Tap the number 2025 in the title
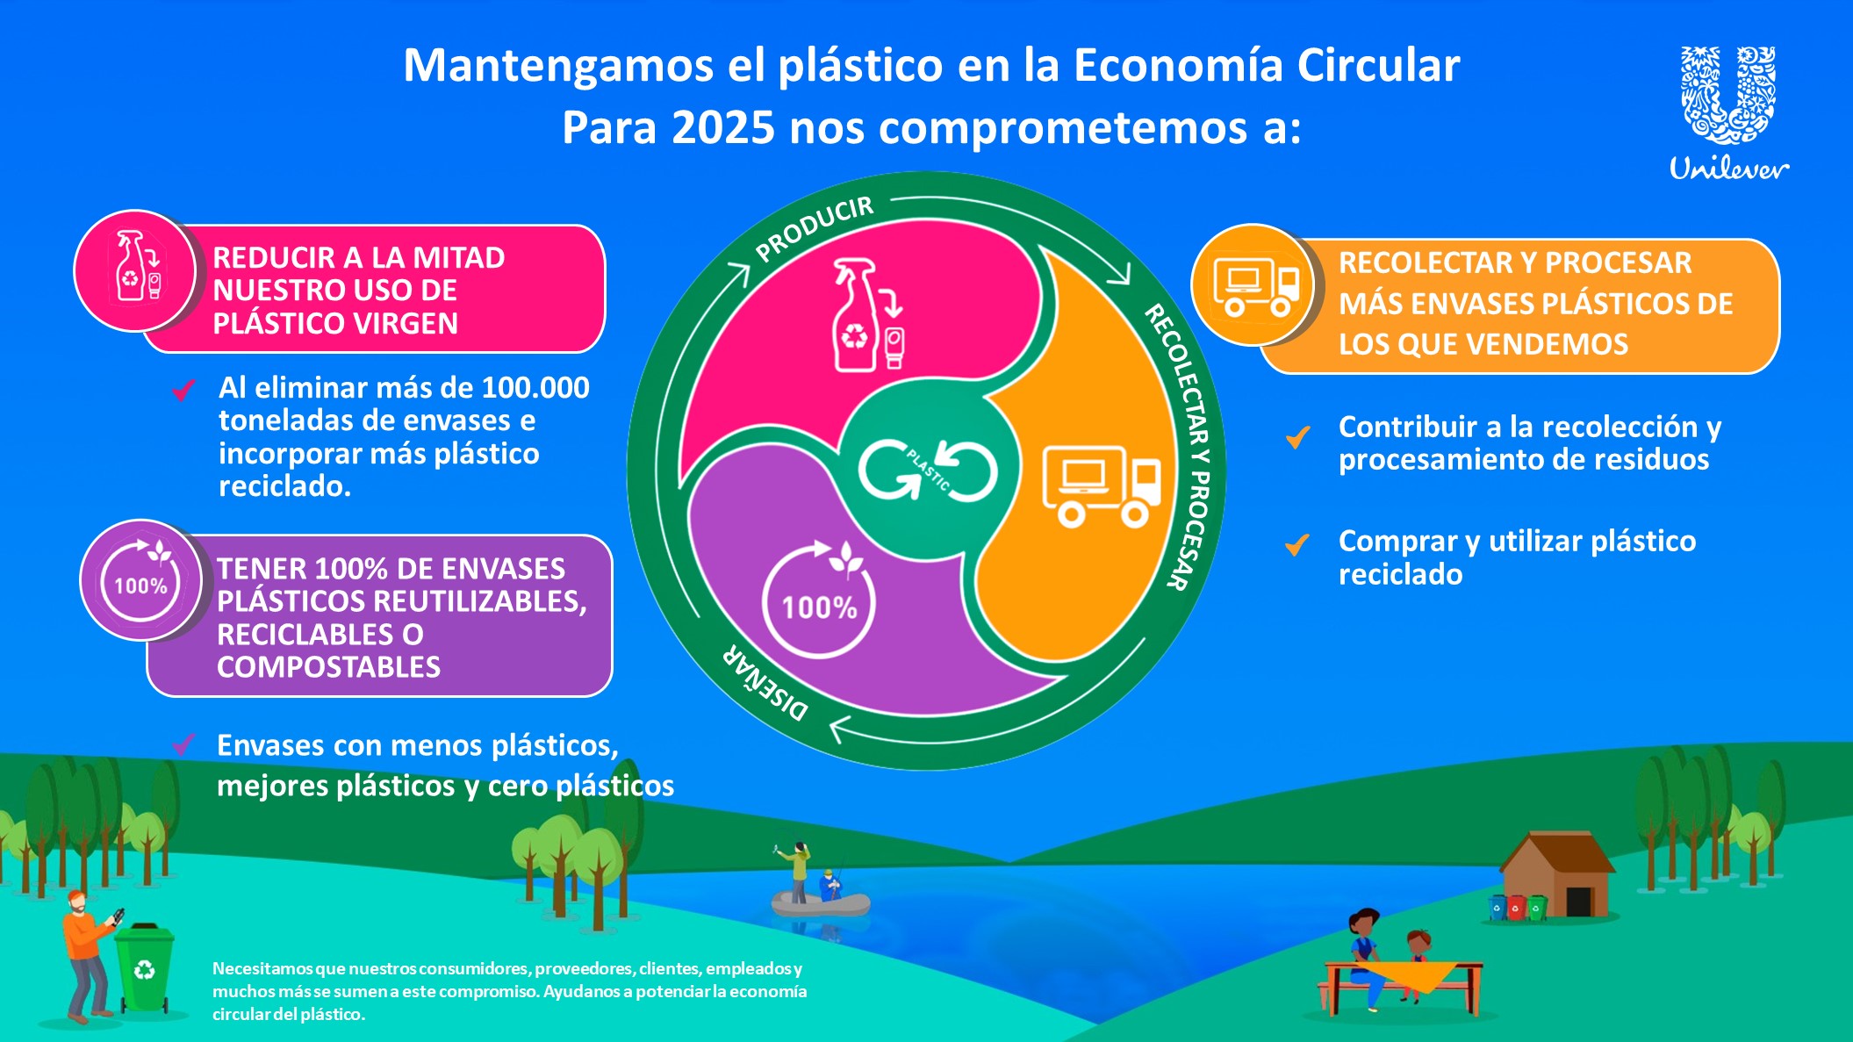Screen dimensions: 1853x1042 coord(722,127)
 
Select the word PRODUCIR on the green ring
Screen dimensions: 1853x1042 coord(815,228)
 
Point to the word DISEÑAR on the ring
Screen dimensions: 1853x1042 coord(765,683)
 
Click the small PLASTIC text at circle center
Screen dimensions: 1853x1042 coord(928,471)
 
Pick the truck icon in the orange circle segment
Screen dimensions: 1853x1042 coord(1102,486)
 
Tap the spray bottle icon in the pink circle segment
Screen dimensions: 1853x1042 coord(867,315)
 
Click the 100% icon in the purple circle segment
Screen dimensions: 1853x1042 coord(820,598)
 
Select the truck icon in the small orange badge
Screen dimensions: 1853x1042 coord(1255,286)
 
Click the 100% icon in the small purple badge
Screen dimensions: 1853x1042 coord(141,579)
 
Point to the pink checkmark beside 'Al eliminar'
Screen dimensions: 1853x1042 coord(183,389)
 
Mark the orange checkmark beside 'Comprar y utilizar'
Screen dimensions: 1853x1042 coord(1297,544)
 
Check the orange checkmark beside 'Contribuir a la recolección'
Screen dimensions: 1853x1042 coord(1298,435)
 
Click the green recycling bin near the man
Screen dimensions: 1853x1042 coord(144,967)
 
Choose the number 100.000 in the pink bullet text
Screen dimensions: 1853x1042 coord(535,388)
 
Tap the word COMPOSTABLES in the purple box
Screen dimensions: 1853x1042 coord(329,667)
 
